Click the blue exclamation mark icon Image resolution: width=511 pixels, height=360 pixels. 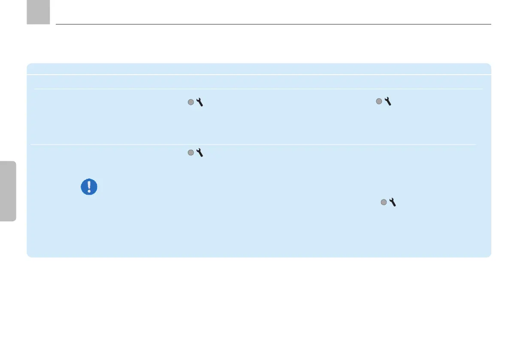89,187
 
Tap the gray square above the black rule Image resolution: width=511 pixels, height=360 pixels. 38,12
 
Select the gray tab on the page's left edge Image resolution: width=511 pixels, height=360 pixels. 8,191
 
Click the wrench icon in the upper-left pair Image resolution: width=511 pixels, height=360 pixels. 200,102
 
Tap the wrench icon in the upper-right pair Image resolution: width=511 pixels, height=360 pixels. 387,102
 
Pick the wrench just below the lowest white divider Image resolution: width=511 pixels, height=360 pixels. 200,152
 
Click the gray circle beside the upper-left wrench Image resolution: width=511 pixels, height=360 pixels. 190,102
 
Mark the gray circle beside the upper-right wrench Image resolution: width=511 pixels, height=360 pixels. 379,102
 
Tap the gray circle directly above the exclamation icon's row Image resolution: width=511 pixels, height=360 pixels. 190,153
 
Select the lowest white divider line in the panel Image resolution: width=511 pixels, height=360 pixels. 253,145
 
